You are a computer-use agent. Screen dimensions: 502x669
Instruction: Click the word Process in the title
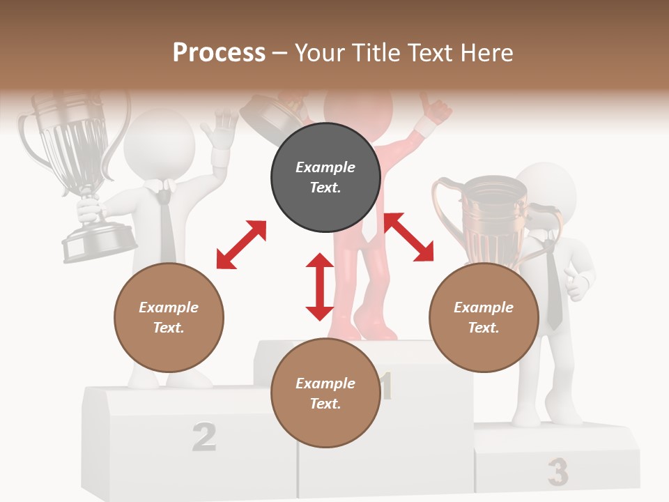click(x=219, y=52)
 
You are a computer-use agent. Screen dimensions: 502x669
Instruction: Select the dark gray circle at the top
click(x=325, y=178)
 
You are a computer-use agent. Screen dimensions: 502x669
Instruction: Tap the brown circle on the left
click(x=169, y=317)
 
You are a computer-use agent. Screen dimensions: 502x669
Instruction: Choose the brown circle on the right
click(x=484, y=317)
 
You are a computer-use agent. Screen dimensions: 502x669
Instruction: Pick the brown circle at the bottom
click(x=325, y=393)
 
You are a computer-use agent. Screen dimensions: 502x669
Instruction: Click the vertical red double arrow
click(x=320, y=287)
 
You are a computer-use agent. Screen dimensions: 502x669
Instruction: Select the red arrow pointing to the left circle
click(x=241, y=245)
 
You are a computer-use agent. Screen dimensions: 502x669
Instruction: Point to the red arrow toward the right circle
click(x=409, y=237)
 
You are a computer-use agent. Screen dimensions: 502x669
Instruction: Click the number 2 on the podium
click(x=203, y=436)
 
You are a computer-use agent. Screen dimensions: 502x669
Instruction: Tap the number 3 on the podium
click(x=557, y=472)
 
